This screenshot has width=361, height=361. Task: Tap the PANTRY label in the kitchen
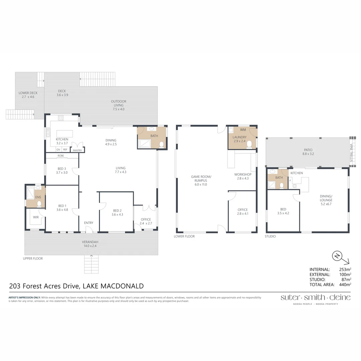coord(77,150)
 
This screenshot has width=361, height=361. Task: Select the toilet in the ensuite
coord(39,203)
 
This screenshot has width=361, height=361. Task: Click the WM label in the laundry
coord(243,129)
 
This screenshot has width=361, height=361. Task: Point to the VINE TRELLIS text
coord(351,153)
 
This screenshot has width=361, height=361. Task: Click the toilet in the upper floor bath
coord(161,144)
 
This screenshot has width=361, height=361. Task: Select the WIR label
coord(36,217)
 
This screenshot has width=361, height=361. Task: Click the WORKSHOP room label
coord(243,174)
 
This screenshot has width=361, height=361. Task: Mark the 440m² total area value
coord(344,284)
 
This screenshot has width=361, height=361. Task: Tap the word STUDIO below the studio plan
coord(270,236)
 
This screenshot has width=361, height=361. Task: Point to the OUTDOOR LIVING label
coord(119,103)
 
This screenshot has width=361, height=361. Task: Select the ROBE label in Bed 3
coord(61,156)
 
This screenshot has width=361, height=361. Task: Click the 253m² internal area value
coord(344,269)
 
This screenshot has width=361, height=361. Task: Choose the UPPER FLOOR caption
coord(33,258)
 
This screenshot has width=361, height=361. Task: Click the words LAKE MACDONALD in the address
coord(113,286)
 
